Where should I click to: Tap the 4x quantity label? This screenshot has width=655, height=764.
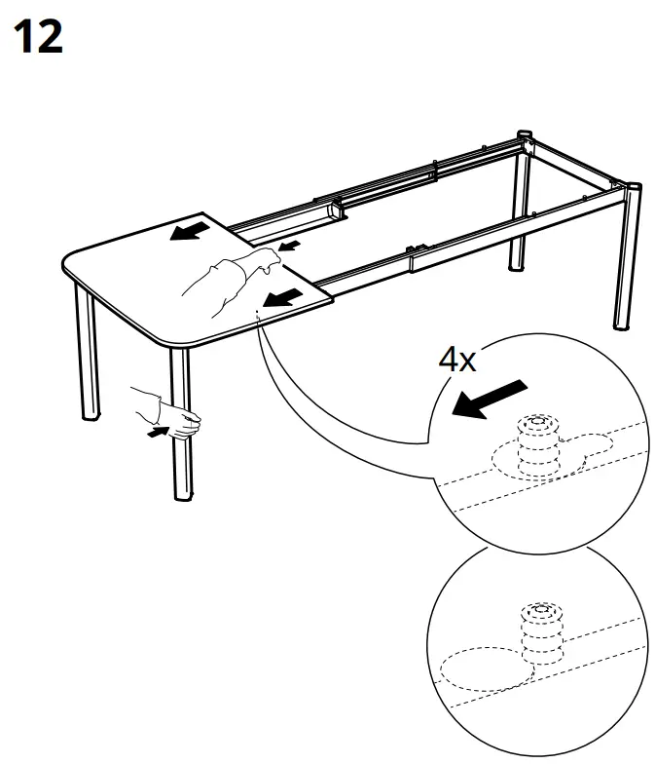456,360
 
